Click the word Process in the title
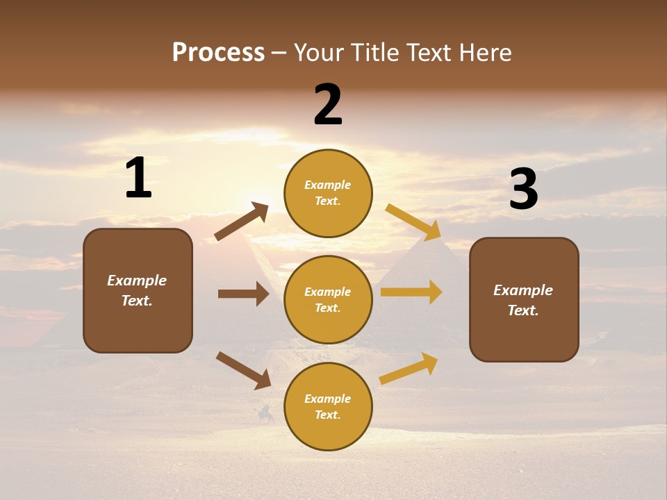click(x=218, y=53)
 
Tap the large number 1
click(x=138, y=178)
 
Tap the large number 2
click(x=328, y=105)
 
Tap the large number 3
click(x=523, y=189)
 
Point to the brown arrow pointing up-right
click(x=242, y=222)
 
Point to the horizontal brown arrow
click(x=243, y=294)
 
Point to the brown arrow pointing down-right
click(x=243, y=370)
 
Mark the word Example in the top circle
click(x=328, y=185)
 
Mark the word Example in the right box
click(x=523, y=290)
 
